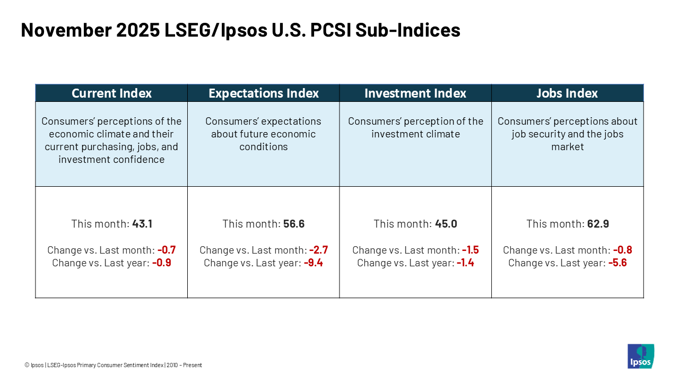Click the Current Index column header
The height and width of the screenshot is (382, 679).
tap(111, 93)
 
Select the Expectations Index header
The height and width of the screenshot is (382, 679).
tap(264, 93)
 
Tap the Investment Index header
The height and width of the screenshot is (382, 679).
tap(415, 93)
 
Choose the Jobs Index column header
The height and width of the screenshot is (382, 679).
tap(567, 93)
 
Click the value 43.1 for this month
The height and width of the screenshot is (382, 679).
tap(142, 224)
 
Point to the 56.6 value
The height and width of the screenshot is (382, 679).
tap(294, 224)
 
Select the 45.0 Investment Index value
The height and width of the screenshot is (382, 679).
tap(446, 224)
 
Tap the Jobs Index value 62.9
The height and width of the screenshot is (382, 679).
tap(598, 224)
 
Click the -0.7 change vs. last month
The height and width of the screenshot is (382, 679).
tap(167, 250)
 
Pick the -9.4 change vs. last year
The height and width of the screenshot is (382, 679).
tap(314, 263)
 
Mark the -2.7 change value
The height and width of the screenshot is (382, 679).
tap(319, 250)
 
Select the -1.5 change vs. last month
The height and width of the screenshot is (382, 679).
tap(471, 250)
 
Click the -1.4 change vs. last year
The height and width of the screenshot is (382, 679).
tap(465, 263)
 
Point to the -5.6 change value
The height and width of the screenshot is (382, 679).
tap(617, 263)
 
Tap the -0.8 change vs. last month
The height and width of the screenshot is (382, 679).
tap(623, 250)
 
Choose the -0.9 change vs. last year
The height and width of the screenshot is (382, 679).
tap(162, 263)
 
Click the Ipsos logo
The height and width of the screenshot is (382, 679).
tap(641, 356)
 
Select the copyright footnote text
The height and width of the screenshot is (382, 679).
tap(113, 365)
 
